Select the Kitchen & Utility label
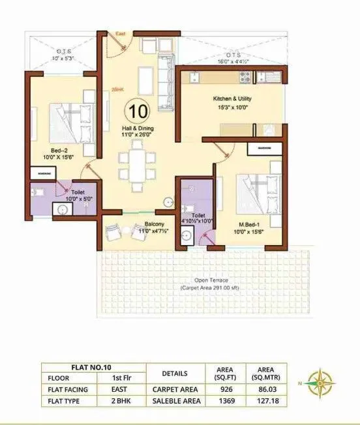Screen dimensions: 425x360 pyautogui.click(x=232, y=102)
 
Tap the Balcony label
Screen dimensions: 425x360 pyautogui.click(x=154, y=227)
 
